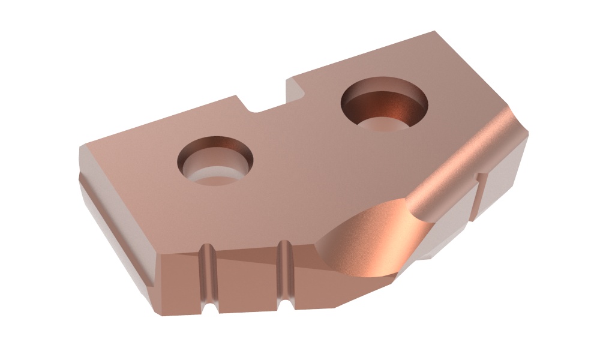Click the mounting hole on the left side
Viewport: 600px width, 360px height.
[x=215, y=160]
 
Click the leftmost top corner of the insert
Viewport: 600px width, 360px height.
[x=81, y=145]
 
